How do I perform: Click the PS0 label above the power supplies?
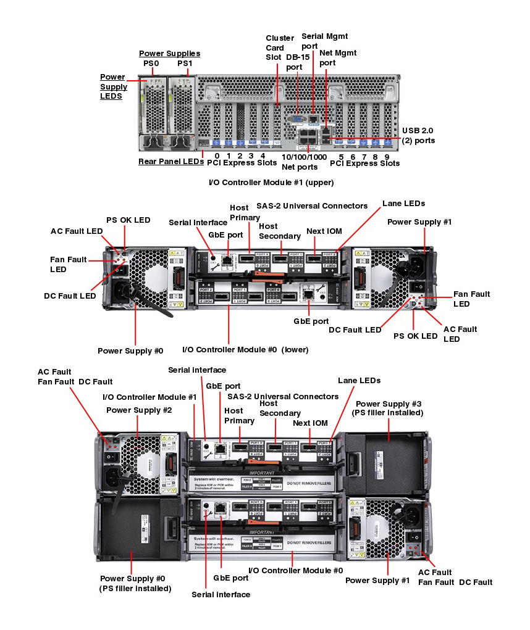(151, 64)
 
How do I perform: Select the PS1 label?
(185, 64)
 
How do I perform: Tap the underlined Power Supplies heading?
(169, 54)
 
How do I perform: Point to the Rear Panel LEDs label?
(171, 162)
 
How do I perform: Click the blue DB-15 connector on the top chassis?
(297, 118)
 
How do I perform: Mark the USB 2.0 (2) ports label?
(418, 136)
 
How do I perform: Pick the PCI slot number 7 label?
(364, 157)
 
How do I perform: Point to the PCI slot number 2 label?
(240, 156)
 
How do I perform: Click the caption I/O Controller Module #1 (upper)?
(272, 183)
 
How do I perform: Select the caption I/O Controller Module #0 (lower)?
(245, 350)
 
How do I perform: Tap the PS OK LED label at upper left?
(128, 220)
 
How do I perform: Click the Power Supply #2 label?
(139, 410)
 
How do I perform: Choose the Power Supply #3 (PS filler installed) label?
(387, 408)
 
